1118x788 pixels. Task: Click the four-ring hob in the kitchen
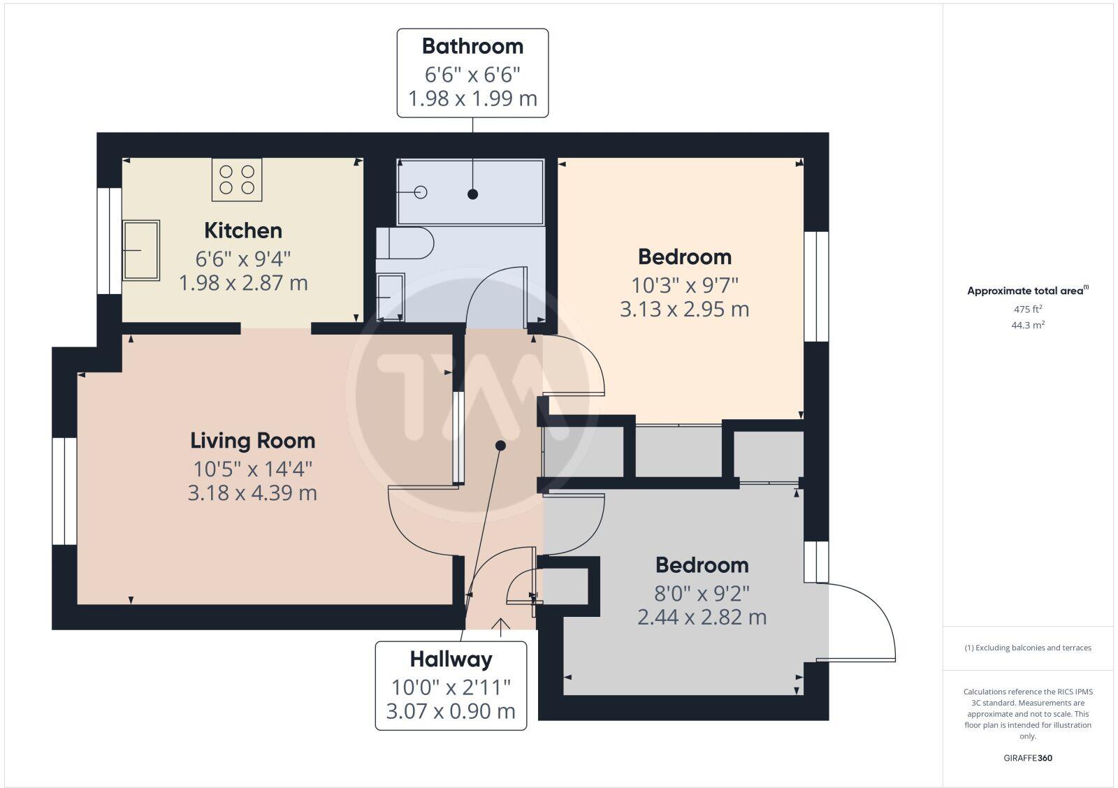click(x=237, y=180)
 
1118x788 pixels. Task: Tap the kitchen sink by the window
click(x=141, y=250)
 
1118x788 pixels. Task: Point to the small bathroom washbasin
click(x=390, y=297)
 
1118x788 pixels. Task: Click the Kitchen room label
click(x=243, y=231)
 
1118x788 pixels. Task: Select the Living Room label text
click(x=253, y=441)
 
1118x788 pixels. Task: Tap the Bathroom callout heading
click(x=472, y=47)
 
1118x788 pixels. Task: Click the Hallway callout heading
click(x=451, y=659)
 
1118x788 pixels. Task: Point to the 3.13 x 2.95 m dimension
click(x=684, y=309)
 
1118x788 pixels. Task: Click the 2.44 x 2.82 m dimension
click(x=702, y=618)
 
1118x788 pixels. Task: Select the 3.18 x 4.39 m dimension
click(x=252, y=493)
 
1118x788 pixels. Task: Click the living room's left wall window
click(x=64, y=491)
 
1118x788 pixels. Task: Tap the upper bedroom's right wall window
click(x=816, y=286)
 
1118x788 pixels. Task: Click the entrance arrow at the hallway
click(x=500, y=626)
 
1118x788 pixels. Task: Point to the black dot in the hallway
click(x=500, y=445)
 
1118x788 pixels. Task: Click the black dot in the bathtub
click(x=473, y=194)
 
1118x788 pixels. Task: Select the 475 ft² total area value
click(x=1028, y=309)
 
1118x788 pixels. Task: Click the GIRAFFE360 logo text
click(x=1028, y=758)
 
